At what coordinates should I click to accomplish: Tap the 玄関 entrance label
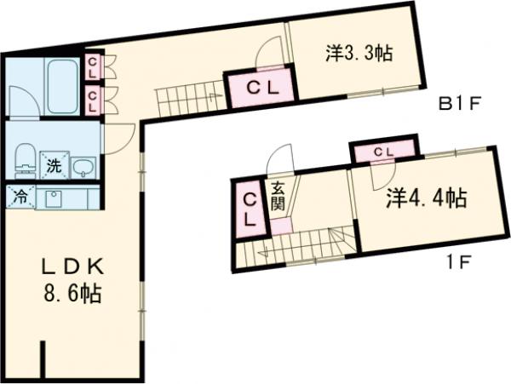pos(278,198)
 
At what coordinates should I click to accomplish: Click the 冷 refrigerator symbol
pos(19,198)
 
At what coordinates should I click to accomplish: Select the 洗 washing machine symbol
pos(53,165)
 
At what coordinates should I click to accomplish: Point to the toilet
pos(26,158)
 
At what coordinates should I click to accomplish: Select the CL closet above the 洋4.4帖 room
pos(384,152)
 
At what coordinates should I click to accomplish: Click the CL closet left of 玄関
pos(250,208)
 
